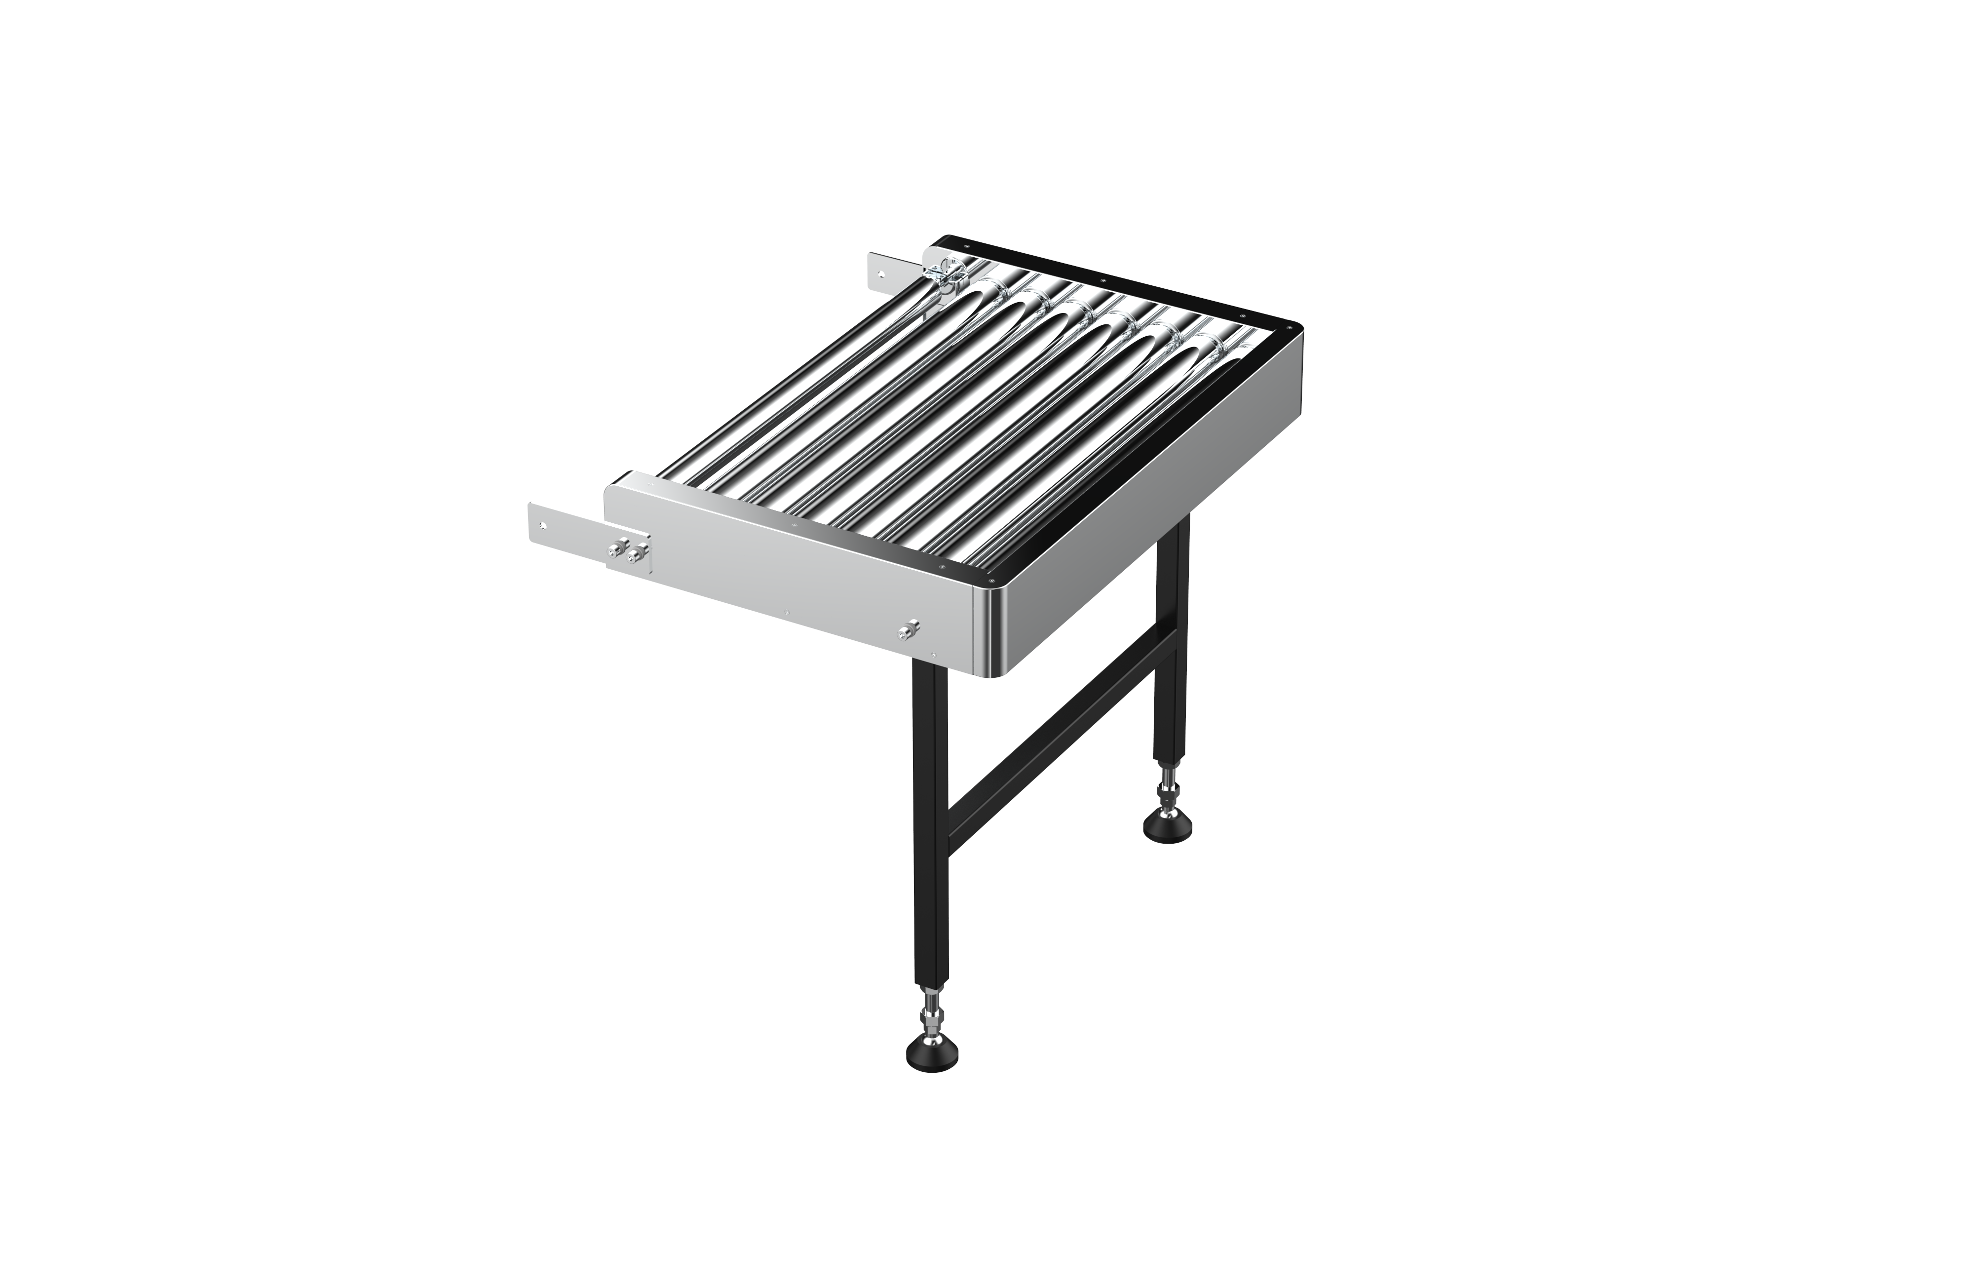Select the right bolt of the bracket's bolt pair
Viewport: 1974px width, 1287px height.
(x=637, y=553)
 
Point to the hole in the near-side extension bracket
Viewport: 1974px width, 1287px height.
(x=542, y=525)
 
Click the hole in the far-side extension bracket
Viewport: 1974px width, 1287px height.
(x=881, y=272)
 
